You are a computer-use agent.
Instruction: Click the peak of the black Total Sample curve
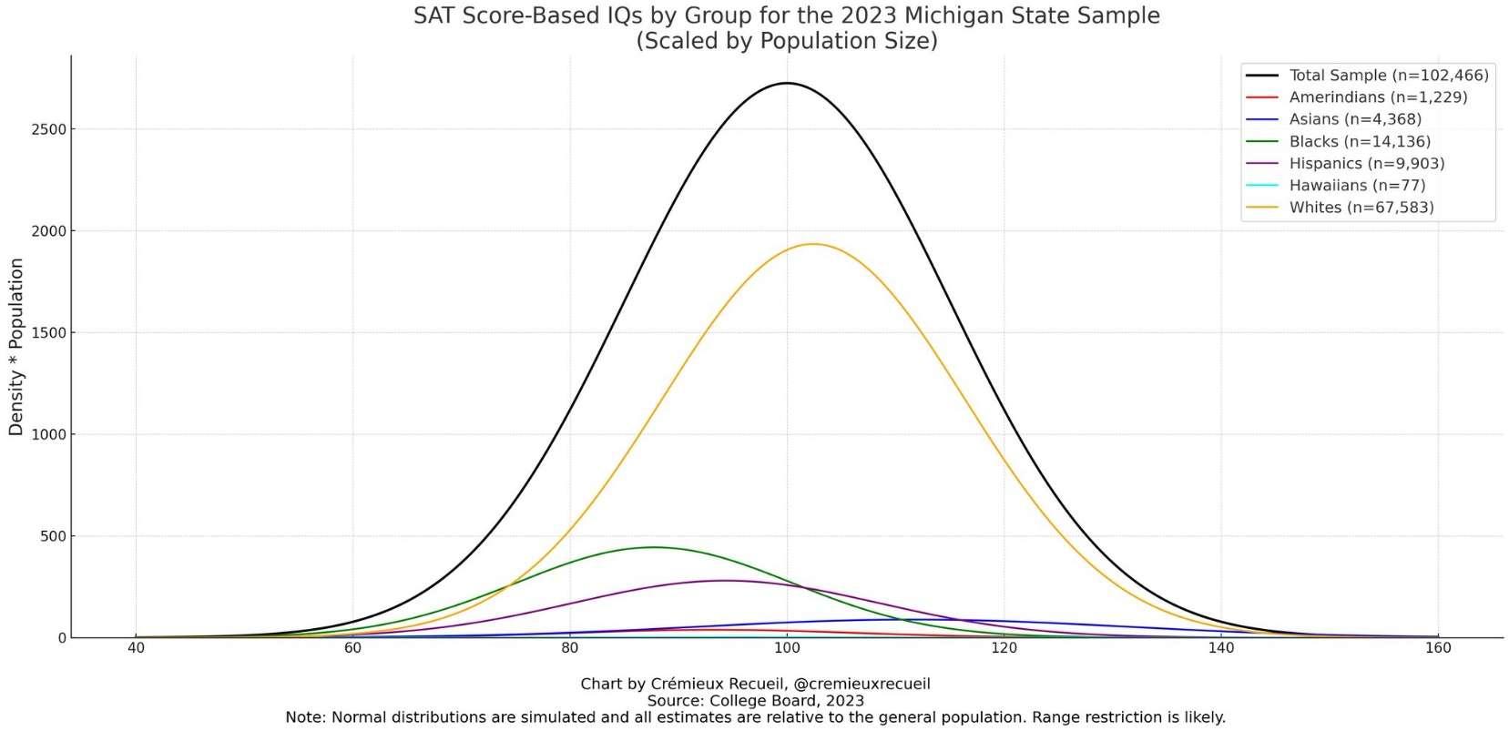pos(787,84)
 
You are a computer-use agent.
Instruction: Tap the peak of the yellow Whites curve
pos(812,244)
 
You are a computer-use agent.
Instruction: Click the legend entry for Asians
pos(1355,119)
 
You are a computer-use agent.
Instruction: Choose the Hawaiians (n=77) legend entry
pos(1357,186)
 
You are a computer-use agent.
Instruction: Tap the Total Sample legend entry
pos(1388,76)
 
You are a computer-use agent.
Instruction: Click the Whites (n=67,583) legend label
pos(1361,208)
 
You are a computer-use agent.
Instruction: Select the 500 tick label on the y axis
pos(52,536)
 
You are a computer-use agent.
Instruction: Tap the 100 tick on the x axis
pos(787,648)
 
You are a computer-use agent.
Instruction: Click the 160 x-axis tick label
pos(1438,648)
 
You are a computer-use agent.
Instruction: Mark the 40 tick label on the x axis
pos(136,648)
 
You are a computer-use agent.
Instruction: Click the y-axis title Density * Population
pos(16,347)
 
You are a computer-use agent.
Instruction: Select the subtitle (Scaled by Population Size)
pos(786,41)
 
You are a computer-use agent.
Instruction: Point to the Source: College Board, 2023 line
pos(755,701)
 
